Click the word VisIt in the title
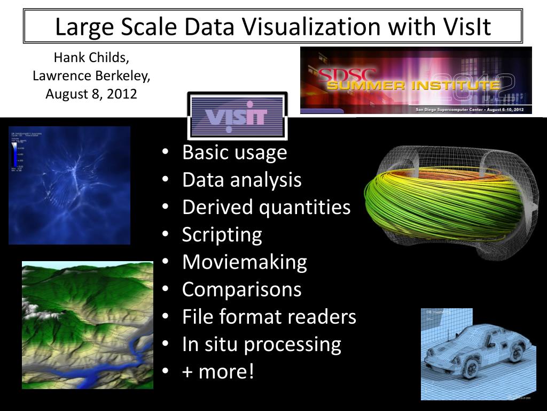(465, 26)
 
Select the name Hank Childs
(91, 58)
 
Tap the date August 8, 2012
(91, 94)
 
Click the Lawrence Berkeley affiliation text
(91, 76)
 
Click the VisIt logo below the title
(237, 116)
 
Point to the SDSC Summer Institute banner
(416, 80)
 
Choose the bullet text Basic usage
(235, 153)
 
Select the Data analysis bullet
(241, 180)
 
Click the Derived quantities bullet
(266, 207)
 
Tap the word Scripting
(222, 234)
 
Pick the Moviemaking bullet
(244, 262)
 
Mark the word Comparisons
(241, 290)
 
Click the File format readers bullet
(269, 317)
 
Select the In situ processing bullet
(261, 344)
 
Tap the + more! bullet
(218, 371)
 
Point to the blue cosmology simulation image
(69, 185)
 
